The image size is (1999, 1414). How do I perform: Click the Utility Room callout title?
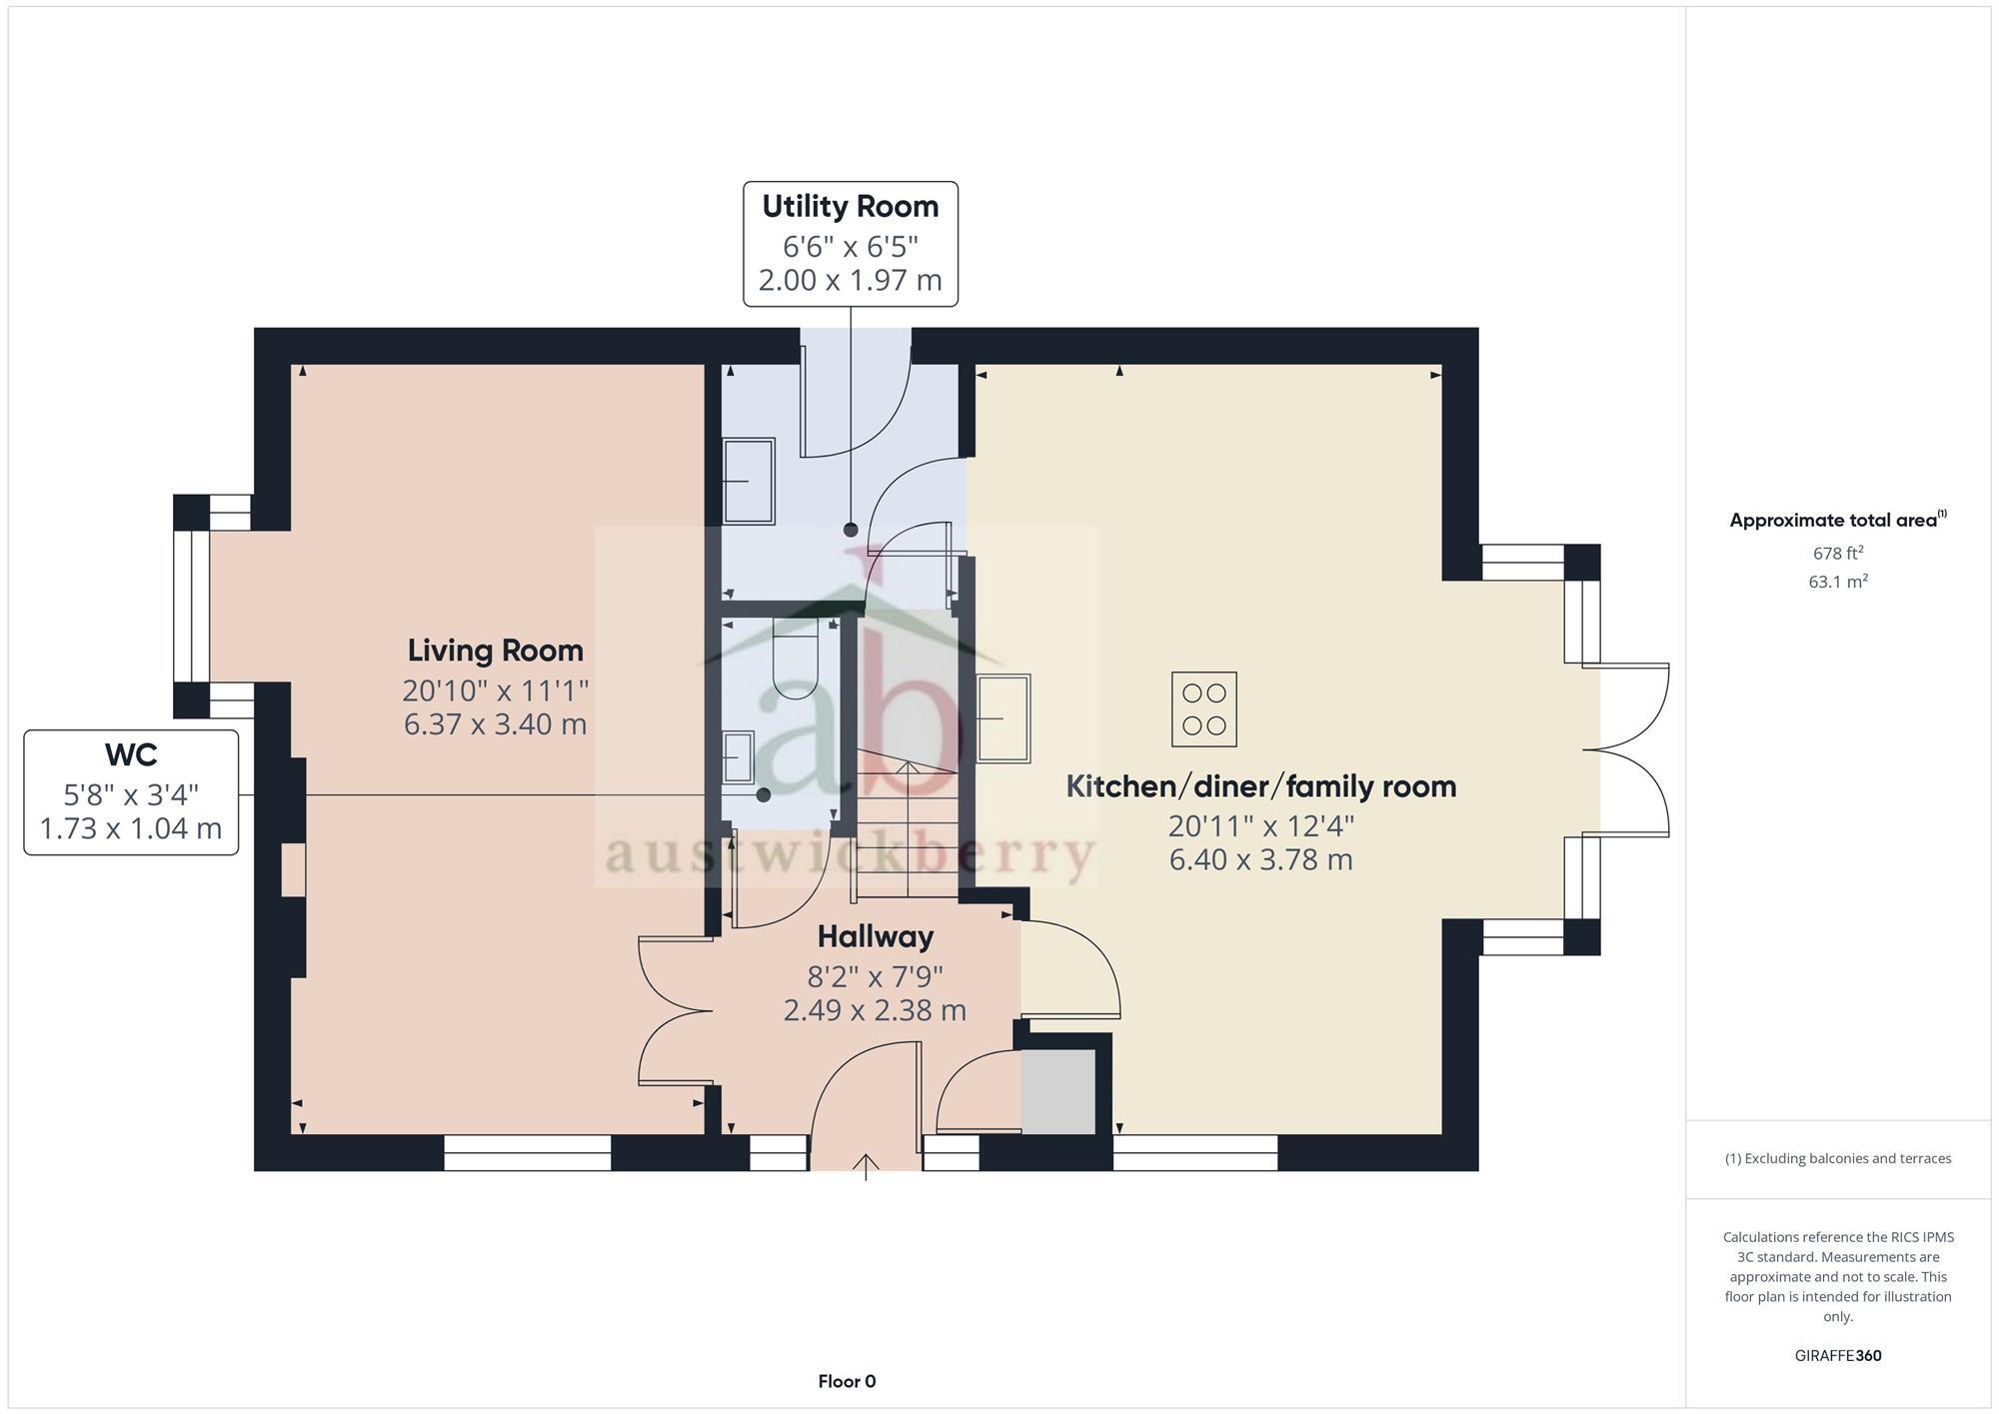coord(851,207)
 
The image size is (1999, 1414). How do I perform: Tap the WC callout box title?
coord(131,754)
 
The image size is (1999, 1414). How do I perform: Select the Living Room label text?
coord(495,651)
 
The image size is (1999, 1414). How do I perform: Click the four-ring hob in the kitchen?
coord(1203,709)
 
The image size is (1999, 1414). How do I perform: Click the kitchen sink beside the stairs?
coord(1002,718)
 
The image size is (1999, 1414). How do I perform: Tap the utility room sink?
coord(749,481)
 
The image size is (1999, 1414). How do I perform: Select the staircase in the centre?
coord(907,829)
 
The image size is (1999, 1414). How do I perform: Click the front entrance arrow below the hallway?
coord(866,1167)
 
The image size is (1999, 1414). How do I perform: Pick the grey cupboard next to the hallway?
coord(1058,1091)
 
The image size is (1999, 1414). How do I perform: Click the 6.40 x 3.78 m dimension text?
coord(1260,859)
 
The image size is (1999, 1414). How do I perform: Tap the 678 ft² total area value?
coord(1837,553)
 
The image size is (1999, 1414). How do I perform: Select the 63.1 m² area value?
coord(1837,582)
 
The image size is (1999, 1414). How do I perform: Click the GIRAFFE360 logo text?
coord(1837,1356)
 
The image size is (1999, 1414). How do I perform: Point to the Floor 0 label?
coord(847,1382)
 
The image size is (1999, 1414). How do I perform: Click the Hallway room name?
coord(875,936)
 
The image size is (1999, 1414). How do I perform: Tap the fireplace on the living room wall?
coord(293,869)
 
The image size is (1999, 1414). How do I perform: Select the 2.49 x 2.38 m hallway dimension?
coord(875,1010)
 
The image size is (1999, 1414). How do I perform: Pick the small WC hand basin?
coord(739,756)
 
